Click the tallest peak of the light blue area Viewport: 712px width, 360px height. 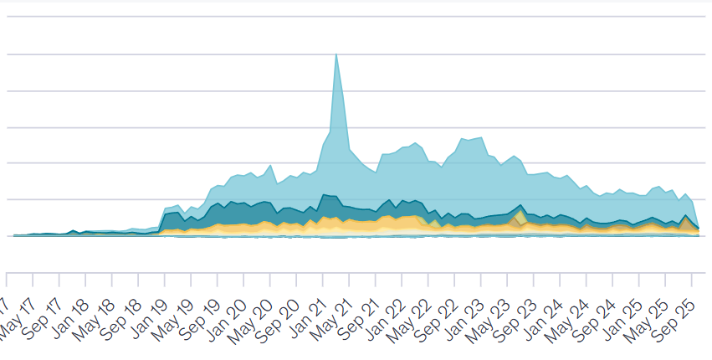pyautogui.click(x=336, y=55)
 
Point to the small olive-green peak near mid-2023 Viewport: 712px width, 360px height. pyautogui.click(x=520, y=216)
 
